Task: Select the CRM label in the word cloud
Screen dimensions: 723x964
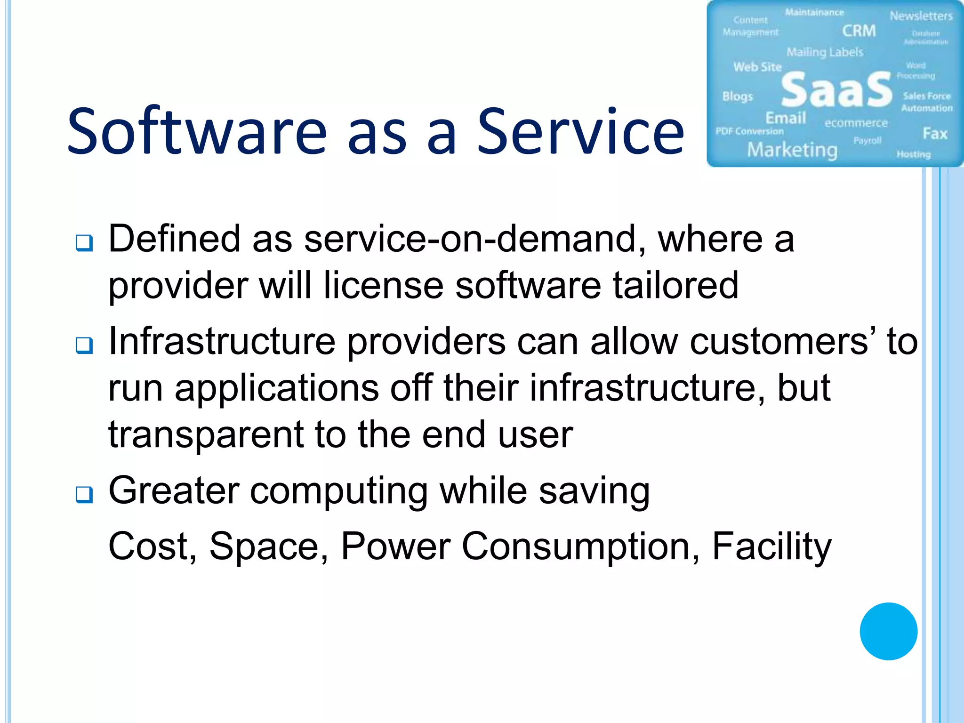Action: click(859, 31)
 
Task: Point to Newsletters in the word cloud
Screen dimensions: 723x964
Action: click(921, 16)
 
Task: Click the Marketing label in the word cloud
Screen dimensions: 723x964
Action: click(792, 150)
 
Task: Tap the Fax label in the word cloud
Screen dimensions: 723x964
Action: click(934, 134)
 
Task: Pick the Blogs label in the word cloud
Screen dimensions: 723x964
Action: click(738, 96)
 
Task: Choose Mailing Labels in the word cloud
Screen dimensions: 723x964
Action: click(825, 52)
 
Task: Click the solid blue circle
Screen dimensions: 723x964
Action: click(888, 631)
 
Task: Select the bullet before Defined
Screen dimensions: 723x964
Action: click(84, 243)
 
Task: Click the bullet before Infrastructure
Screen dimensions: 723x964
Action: click(84, 345)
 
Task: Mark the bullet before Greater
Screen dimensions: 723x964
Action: click(84, 495)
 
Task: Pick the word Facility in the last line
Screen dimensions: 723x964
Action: click(771, 547)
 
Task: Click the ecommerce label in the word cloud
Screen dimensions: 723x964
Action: click(856, 123)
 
